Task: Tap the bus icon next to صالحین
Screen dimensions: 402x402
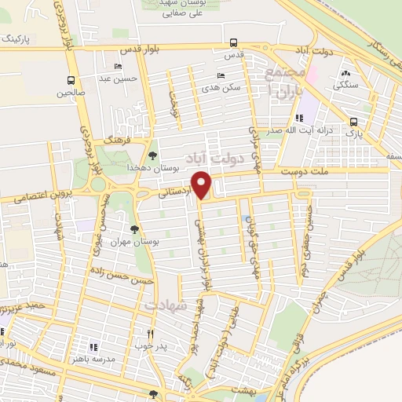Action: [x=71, y=80]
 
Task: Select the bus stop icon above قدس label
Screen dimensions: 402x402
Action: [x=233, y=43]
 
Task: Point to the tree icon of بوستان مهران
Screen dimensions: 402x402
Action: [x=135, y=229]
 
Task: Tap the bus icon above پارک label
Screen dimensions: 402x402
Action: [x=353, y=122]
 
